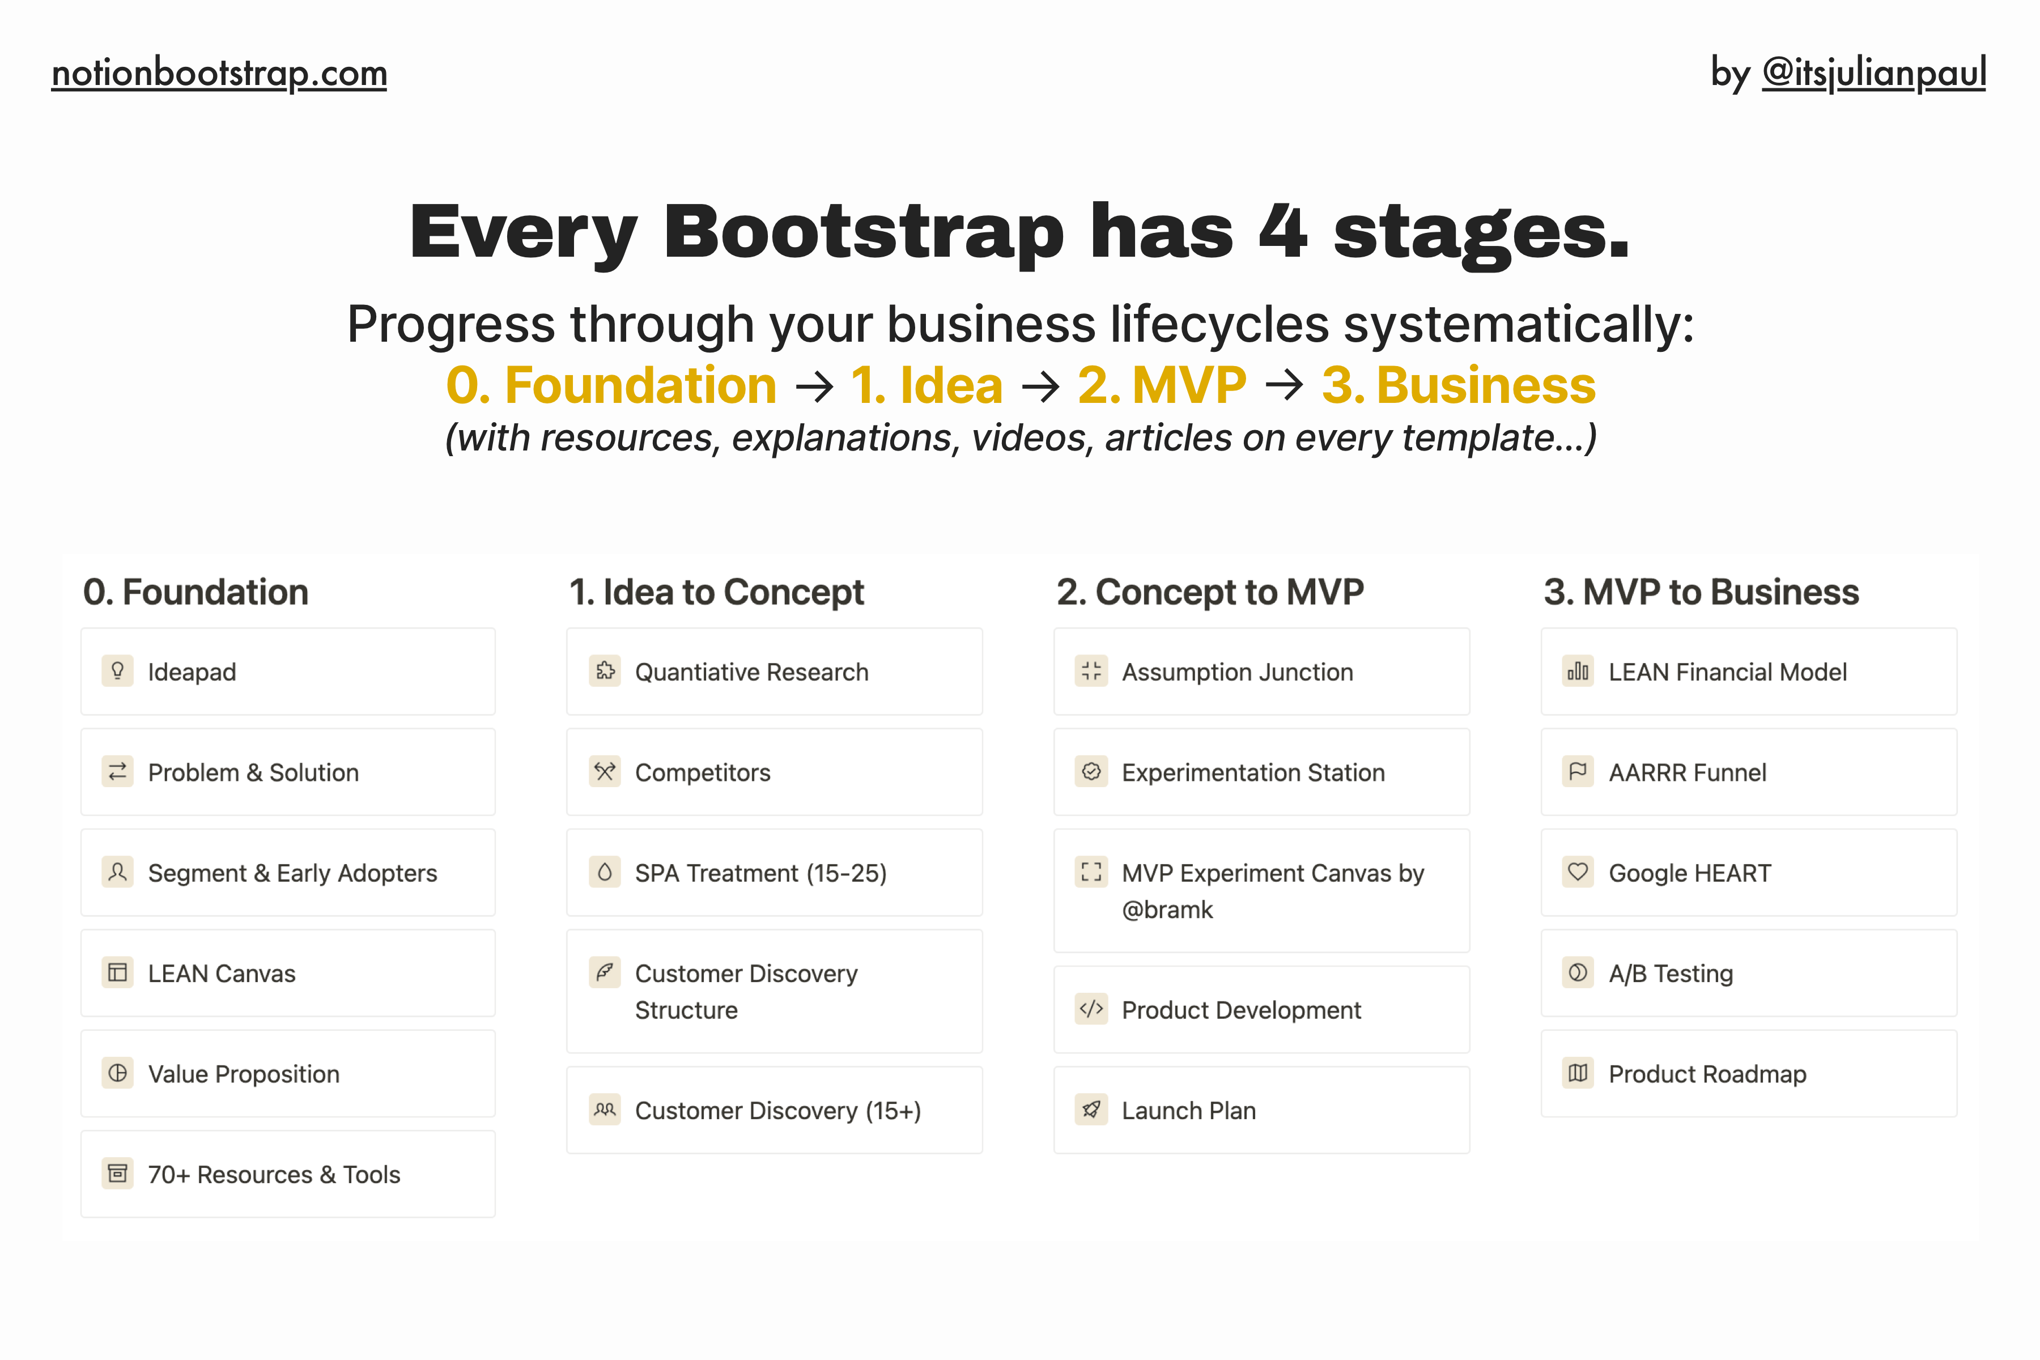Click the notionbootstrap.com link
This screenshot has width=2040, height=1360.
tap(219, 73)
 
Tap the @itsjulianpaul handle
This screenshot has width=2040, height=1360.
tap(1873, 73)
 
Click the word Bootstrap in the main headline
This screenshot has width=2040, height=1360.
tap(863, 232)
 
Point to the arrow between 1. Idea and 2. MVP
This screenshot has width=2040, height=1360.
tap(1040, 386)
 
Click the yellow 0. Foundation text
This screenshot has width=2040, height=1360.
tap(611, 385)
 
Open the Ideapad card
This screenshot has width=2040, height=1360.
tap(287, 671)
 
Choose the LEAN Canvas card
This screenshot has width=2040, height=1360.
tap(287, 973)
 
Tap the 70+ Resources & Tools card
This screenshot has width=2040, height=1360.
tap(287, 1174)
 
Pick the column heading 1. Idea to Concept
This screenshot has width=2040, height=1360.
tap(716, 592)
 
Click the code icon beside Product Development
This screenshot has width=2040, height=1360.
tap(1091, 1009)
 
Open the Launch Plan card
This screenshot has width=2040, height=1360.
tap(1261, 1110)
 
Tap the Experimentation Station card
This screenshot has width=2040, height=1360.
tap(1261, 772)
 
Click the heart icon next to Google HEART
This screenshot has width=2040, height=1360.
tap(1578, 872)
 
